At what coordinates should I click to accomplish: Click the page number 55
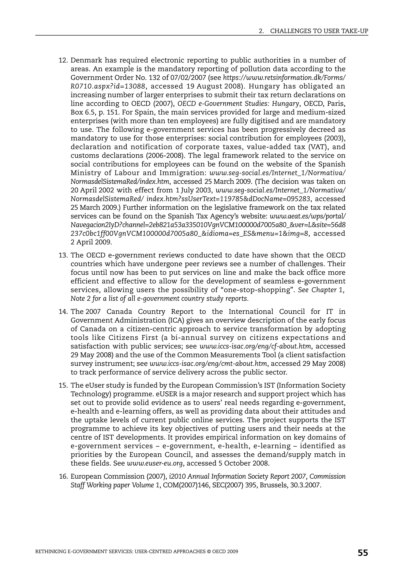(x=363, y=553)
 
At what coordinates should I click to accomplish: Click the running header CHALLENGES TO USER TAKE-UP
(x=319, y=31)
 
